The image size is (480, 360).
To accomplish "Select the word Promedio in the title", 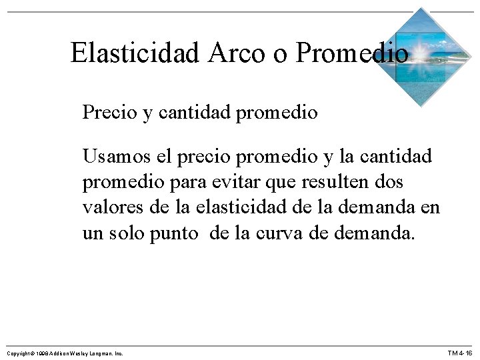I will (x=351, y=52).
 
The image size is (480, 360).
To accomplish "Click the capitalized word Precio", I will (x=108, y=112).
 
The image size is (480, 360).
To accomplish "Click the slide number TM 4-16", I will (x=459, y=352).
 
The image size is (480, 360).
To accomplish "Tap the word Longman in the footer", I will (x=101, y=352).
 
